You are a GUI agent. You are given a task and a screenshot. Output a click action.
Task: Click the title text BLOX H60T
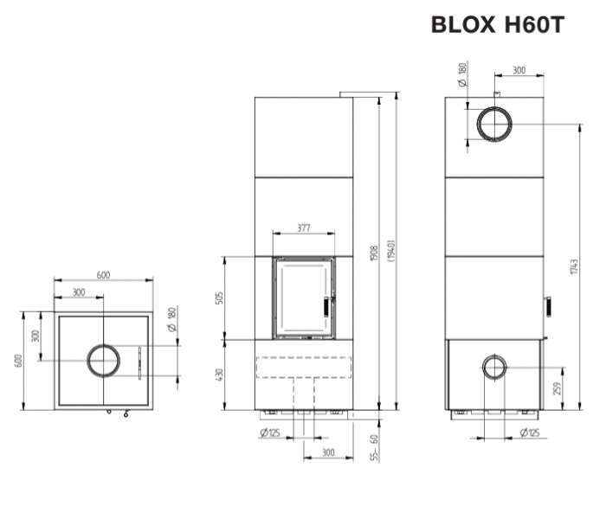(498, 25)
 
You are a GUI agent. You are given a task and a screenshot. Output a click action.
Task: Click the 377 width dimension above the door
(304, 228)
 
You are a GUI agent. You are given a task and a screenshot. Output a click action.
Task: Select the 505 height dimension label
(220, 298)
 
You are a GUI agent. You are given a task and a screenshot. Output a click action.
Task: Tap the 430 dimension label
(220, 375)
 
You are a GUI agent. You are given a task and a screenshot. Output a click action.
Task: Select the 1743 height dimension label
(574, 266)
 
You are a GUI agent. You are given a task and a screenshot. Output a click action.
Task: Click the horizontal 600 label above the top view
(103, 275)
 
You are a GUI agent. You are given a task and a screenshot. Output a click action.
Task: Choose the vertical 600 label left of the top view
(18, 360)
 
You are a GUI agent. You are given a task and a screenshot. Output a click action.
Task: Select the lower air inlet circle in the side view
(495, 367)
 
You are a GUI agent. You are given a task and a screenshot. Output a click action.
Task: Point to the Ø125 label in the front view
(269, 432)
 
